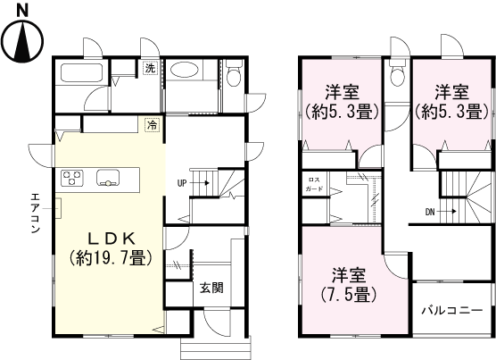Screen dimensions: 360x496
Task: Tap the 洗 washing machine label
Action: coord(151,69)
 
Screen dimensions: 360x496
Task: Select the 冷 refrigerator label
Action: coord(152,126)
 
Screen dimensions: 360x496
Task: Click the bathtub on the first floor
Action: coord(84,75)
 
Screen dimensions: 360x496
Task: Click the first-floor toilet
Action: coord(234,74)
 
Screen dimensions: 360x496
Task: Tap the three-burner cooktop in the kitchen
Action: coord(71,179)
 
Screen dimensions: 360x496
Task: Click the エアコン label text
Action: coord(35,213)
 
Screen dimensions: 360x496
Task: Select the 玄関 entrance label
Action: coord(211,288)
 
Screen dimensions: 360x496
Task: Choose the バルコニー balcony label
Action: coord(453,310)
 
